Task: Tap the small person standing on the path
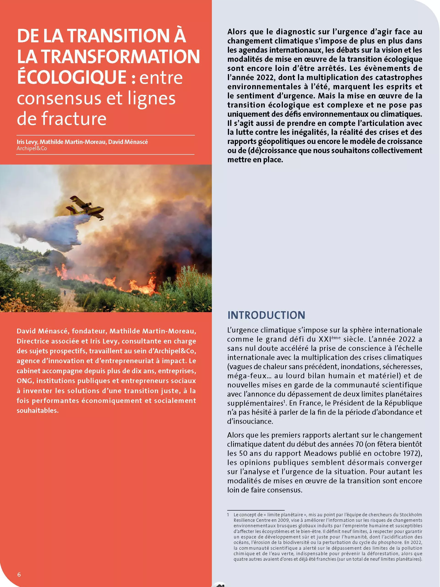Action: (x=65, y=293)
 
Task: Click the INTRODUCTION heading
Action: (x=266, y=315)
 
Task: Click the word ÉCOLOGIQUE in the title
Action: (x=72, y=77)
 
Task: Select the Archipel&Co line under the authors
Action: (x=32, y=148)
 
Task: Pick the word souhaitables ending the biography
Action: (x=37, y=411)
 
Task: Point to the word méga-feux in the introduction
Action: (x=247, y=376)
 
